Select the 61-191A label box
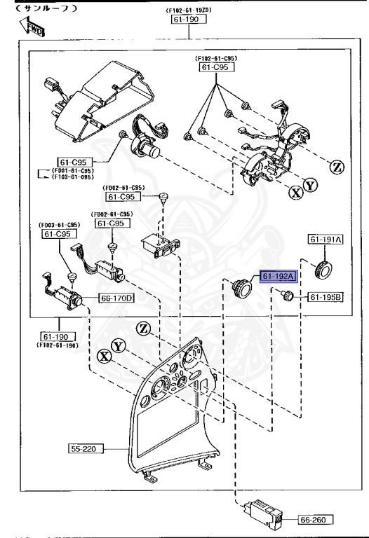pos(326,240)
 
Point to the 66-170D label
pos(116,298)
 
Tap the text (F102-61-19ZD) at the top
pos(187,11)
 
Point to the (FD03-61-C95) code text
pos(58,225)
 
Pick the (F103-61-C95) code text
pos(73,178)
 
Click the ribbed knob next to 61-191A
pos(325,268)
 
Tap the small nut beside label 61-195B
pos(286,298)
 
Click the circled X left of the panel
pos(105,356)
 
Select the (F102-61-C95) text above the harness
pos(215,58)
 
